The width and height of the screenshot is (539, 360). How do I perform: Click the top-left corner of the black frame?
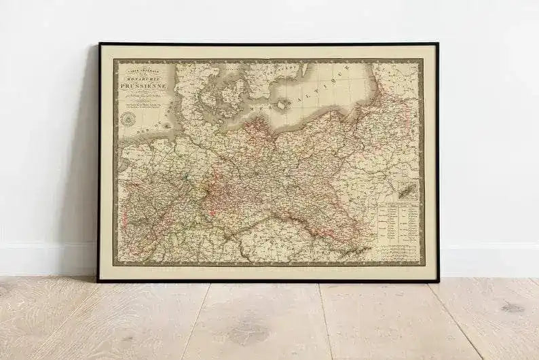[x=99, y=44]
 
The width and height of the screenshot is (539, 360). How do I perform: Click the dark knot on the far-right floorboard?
[x=513, y=308]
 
